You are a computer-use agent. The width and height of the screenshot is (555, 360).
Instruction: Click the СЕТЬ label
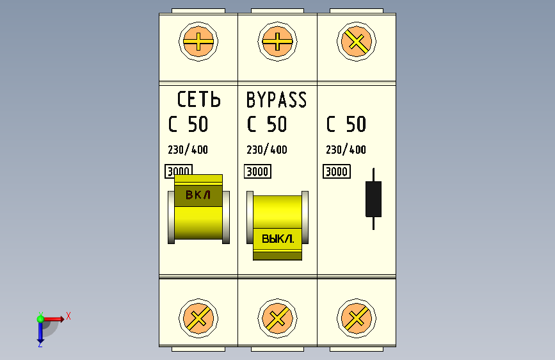point(198,100)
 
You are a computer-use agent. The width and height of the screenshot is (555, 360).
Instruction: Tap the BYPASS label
point(277,100)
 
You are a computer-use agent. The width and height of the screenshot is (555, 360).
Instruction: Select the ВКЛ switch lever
point(198,208)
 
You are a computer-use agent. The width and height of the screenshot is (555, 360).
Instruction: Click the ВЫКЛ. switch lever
point(277,227)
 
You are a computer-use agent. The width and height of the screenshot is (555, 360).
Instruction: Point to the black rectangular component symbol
point(373,199)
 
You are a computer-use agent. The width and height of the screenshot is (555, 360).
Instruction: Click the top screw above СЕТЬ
point(198,44)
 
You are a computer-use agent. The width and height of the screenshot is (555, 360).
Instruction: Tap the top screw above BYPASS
point(277,44)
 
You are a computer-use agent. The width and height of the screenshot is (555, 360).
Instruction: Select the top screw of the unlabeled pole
point(357,44)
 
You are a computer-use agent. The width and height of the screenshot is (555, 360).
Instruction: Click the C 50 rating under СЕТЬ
point(188,124)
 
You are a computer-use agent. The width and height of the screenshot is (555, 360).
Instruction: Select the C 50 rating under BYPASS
point(267,124)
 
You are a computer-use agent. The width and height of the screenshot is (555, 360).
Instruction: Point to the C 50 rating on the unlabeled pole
point(346,124)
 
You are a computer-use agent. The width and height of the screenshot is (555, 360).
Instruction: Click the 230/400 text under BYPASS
point(267,150)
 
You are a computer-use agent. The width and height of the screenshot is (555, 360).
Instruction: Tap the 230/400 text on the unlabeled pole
point(346,150)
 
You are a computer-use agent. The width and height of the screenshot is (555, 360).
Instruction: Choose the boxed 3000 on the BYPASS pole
point(257,172)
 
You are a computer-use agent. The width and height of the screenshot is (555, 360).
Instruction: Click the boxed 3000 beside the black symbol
point(337,172)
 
